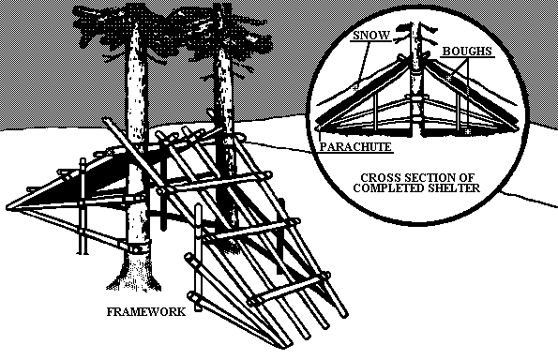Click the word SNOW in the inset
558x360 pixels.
click(x=371, y=36)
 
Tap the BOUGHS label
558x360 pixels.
click(x=467, y=52)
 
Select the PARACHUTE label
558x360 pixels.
click(x=355, y=146)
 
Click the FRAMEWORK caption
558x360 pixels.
click(x=146, y=312)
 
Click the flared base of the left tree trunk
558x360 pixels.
click(x=134, y=272)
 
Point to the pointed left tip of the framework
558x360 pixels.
click(x=8, y=206)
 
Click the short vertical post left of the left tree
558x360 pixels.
click(x=83, y=206)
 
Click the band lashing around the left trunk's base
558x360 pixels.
click(x=135, y=247)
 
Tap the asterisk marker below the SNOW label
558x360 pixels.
click(x=354, y=87)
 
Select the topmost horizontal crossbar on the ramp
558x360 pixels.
click(x=216, y=183)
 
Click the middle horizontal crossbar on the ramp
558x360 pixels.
click(x=249, y=231)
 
